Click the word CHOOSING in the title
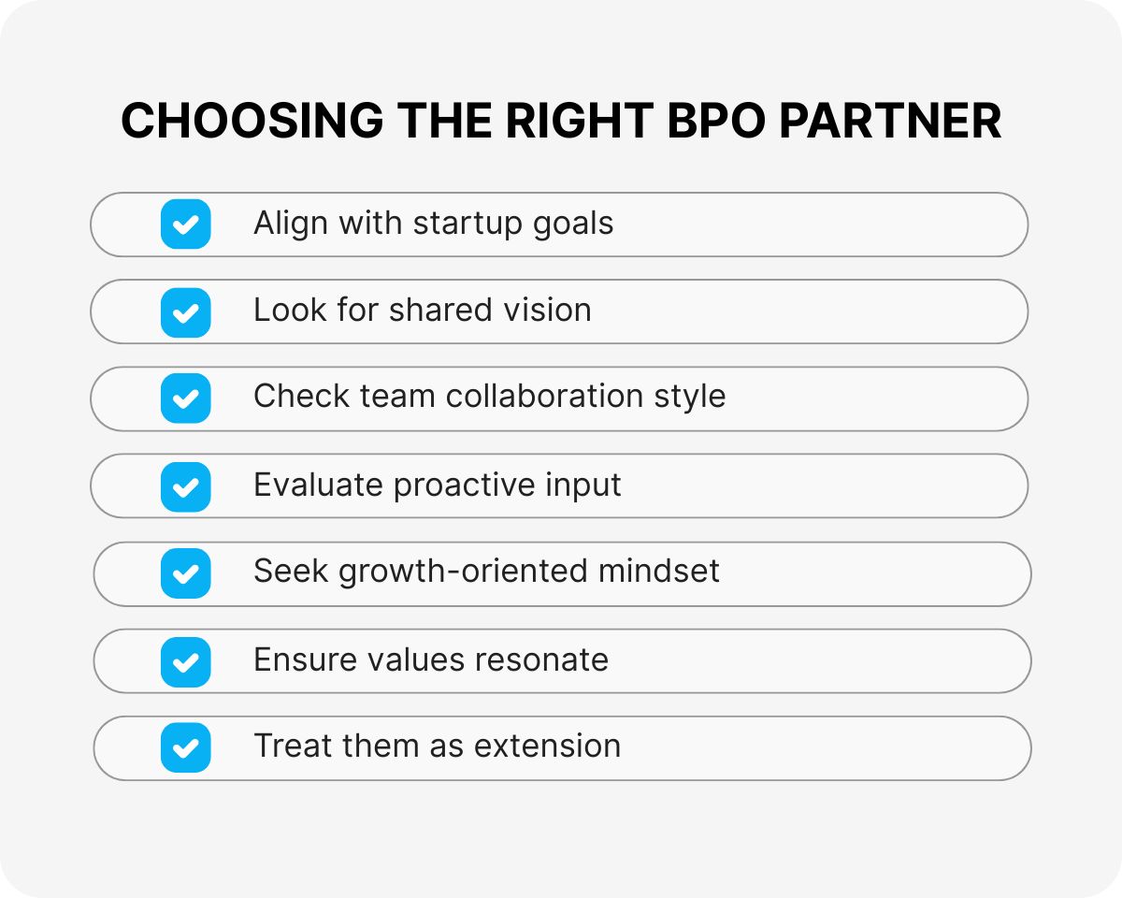tap(252, 121)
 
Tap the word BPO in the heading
tap(716, 121)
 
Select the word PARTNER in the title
tap(890, 121)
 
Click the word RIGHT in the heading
tap(580, 121)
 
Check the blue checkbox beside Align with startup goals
tap(186, 224)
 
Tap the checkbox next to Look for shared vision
tap(186, 312)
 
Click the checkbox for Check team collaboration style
tap(186, 398)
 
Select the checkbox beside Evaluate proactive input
tap(186, 486)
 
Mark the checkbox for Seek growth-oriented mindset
tap(186, 572)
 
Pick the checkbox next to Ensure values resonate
tap(186, 661)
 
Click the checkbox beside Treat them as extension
tap(186, 747)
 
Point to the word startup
tap(467, 224)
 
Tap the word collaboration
tap(544, 396)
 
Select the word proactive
tap(464, 485)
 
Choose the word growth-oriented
tap(463, 572)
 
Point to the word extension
tap(548, 746)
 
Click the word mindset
tap(659, 571)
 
